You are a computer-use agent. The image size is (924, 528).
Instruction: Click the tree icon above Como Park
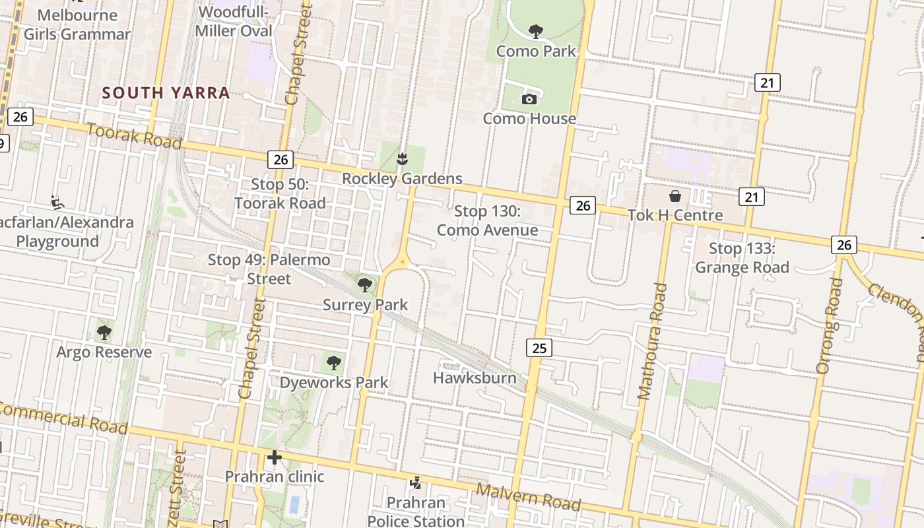pos(536,31)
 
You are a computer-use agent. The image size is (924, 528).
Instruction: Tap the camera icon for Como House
pos(529,99)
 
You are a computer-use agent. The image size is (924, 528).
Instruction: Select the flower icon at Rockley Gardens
pos(401,158)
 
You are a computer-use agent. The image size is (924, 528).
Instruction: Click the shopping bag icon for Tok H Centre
pos(675,196)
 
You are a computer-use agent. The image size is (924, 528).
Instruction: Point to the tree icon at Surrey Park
pos(364,285)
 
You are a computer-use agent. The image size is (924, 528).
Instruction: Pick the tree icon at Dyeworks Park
pos(334,362)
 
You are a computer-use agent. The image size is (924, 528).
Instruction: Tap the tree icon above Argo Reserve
pos(104,332)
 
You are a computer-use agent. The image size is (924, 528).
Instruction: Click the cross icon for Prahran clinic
pos(275,457)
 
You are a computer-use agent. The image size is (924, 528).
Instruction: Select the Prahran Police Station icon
pos(416,484)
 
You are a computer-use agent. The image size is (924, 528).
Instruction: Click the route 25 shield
pos(539,347)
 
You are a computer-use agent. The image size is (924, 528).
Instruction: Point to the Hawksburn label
pos(475,378)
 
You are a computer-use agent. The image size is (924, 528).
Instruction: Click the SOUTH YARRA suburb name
pos(166,93)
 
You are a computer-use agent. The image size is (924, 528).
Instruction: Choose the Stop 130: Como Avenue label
pos(487,221)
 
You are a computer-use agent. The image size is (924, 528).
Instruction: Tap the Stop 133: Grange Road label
pos(742,258)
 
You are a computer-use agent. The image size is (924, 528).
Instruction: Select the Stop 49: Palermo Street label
pos(269,269)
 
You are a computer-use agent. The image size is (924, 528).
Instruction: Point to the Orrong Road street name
pos(830,326)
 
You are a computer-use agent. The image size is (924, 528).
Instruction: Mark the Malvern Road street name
pos(528,497)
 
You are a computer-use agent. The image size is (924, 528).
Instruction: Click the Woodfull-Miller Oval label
pos(234,22)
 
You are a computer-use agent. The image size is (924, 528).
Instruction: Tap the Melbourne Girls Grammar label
pos(77,24)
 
